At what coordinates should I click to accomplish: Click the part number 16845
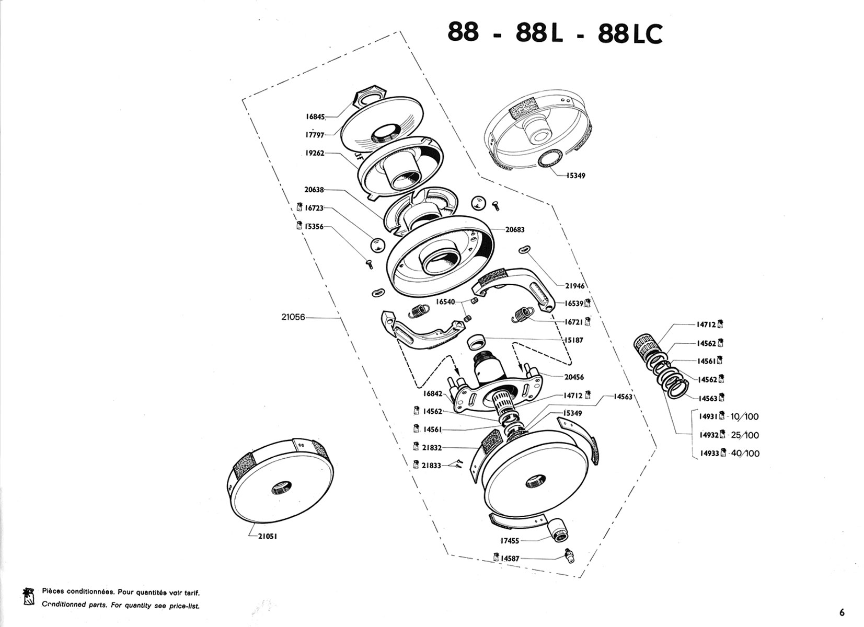(315, 117)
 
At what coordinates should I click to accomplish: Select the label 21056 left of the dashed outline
(293, 317)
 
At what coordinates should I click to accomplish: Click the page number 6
(841, 612)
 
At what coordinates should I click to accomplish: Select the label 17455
(510, 541)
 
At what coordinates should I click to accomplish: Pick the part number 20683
(515, 229)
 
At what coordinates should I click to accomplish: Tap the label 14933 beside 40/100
(708, 453)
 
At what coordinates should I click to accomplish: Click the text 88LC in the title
(630, 34)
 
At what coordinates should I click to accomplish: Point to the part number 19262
(315, 153)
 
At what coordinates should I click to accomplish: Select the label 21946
(574, 286)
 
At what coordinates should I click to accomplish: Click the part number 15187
(573, 340)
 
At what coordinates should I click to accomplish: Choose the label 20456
(574, 377)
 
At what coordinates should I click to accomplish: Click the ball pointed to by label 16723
(376, 245)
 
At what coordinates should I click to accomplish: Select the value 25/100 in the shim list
(745, 435)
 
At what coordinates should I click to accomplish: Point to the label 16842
(433, 393)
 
